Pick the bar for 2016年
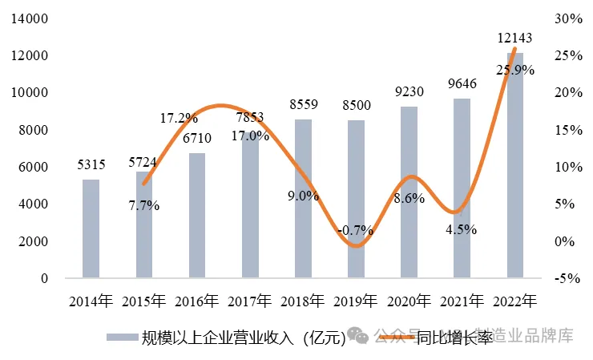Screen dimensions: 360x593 pos(197,216)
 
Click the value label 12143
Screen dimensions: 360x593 pos(514,38)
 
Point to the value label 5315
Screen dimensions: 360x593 pos(91,164)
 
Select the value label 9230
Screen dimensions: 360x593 pos(409,91)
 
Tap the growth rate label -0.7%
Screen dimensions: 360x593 pos(356,230)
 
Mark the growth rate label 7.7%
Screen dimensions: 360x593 pos(144,205)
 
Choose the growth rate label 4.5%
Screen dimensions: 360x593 pos(462,229)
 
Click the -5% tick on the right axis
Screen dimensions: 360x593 pos(568,278)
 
